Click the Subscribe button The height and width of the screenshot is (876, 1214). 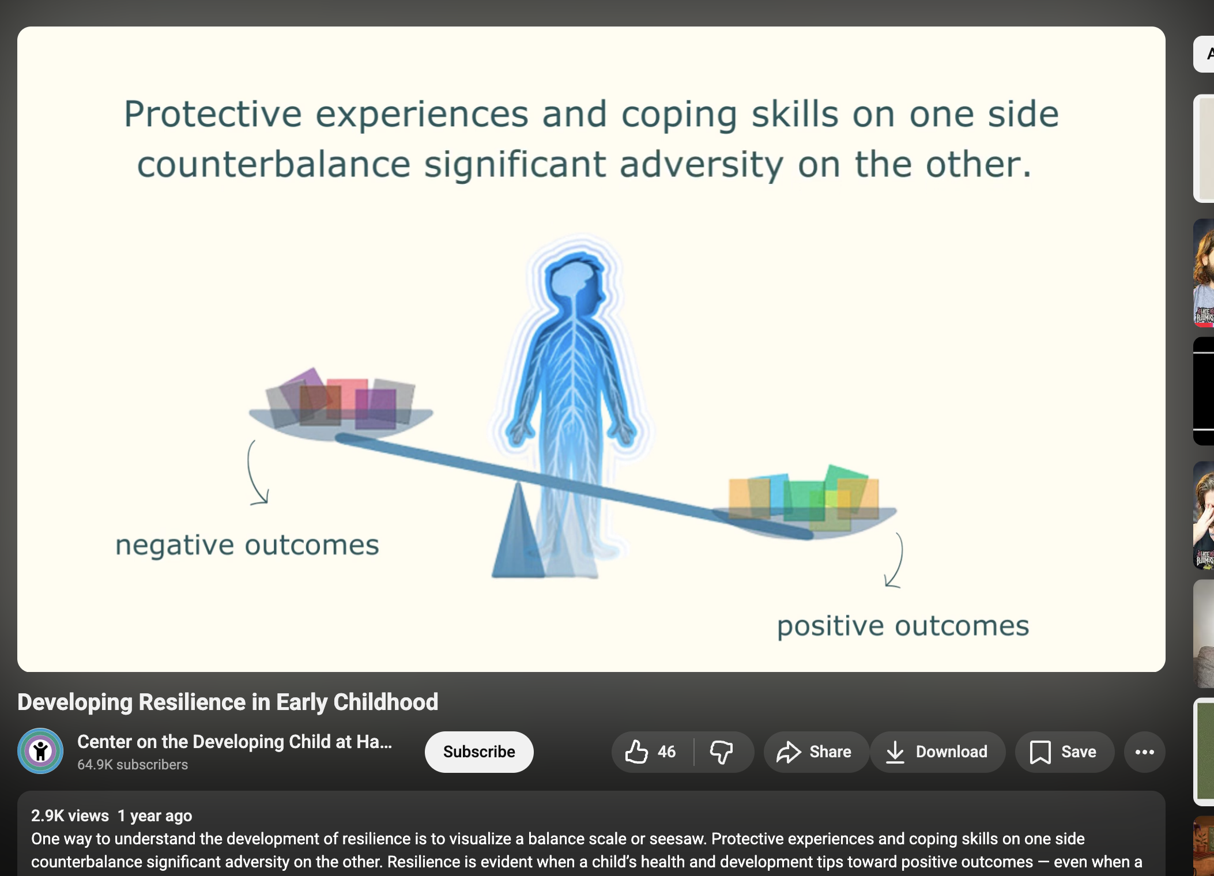point(479,752)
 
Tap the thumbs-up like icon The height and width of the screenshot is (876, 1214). point(637,752)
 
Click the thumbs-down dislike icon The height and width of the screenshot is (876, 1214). point(721,752)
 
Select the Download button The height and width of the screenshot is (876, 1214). point(938,752)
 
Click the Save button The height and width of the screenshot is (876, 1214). point(1064,752)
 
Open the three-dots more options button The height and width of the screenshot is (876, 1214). point(1145,752)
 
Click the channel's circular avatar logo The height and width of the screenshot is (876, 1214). point(40,751)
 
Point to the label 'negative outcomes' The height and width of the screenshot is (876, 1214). point(247,545)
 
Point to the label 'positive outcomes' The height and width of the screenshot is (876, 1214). point(903,626)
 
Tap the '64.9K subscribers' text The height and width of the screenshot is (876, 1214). point(133,765)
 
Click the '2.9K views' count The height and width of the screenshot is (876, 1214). point(70,815)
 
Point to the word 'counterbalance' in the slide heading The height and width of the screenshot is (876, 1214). point(274,165)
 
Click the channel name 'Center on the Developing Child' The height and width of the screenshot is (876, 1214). point(235,742)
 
